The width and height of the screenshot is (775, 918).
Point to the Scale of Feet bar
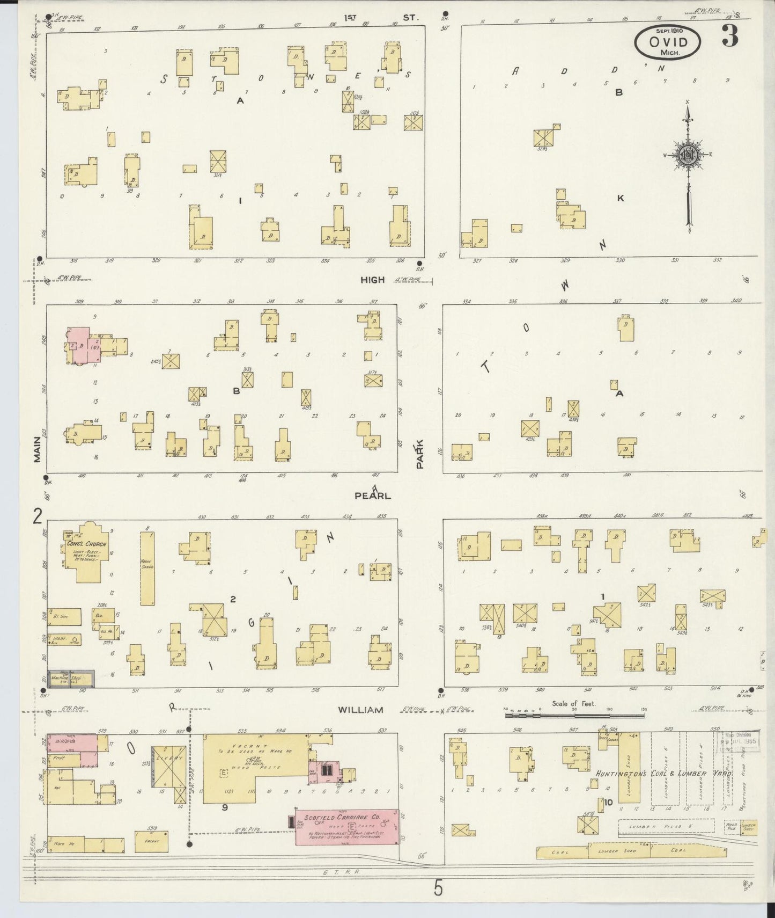tap(574, 715)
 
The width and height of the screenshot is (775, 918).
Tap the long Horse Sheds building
tap(147, 569)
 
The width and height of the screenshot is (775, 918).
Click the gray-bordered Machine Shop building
tap(71, 678)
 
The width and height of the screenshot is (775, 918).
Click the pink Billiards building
tap(72, 742)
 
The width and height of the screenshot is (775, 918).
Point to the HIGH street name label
tap(372, 280)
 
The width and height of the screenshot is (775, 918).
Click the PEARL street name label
tap(372, 496)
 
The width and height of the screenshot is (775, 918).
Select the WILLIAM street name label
tap(360, 710)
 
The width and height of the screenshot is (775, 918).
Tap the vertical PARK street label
tap(420, 454)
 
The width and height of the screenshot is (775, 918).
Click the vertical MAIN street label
tap(37, 449)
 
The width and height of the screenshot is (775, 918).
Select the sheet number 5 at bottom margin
tap(438, 889)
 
